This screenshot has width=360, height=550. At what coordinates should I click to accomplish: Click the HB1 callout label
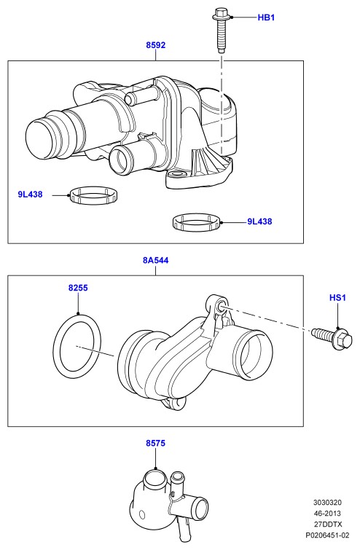266,17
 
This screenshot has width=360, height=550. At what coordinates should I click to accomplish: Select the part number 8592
155,45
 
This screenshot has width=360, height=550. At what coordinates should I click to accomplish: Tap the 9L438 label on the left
30,195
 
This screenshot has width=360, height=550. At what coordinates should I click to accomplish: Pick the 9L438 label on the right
259,221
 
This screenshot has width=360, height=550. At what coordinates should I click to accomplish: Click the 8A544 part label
155,260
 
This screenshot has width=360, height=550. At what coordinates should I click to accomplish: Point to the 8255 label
78,288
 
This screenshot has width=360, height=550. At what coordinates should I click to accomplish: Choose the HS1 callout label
337,298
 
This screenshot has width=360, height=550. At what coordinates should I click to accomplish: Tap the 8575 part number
155,444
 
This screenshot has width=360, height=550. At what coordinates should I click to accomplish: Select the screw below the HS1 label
332,337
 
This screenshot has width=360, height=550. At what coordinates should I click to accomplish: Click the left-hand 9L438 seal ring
94,195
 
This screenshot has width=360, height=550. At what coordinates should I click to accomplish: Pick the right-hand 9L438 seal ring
197,222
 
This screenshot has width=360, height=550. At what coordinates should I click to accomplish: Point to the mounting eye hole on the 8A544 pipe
222,306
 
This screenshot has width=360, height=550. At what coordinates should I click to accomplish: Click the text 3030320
327,503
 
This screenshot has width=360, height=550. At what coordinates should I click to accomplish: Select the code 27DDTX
327,525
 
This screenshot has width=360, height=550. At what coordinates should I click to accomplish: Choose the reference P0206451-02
327,535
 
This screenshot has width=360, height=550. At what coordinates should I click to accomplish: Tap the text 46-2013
327,514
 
